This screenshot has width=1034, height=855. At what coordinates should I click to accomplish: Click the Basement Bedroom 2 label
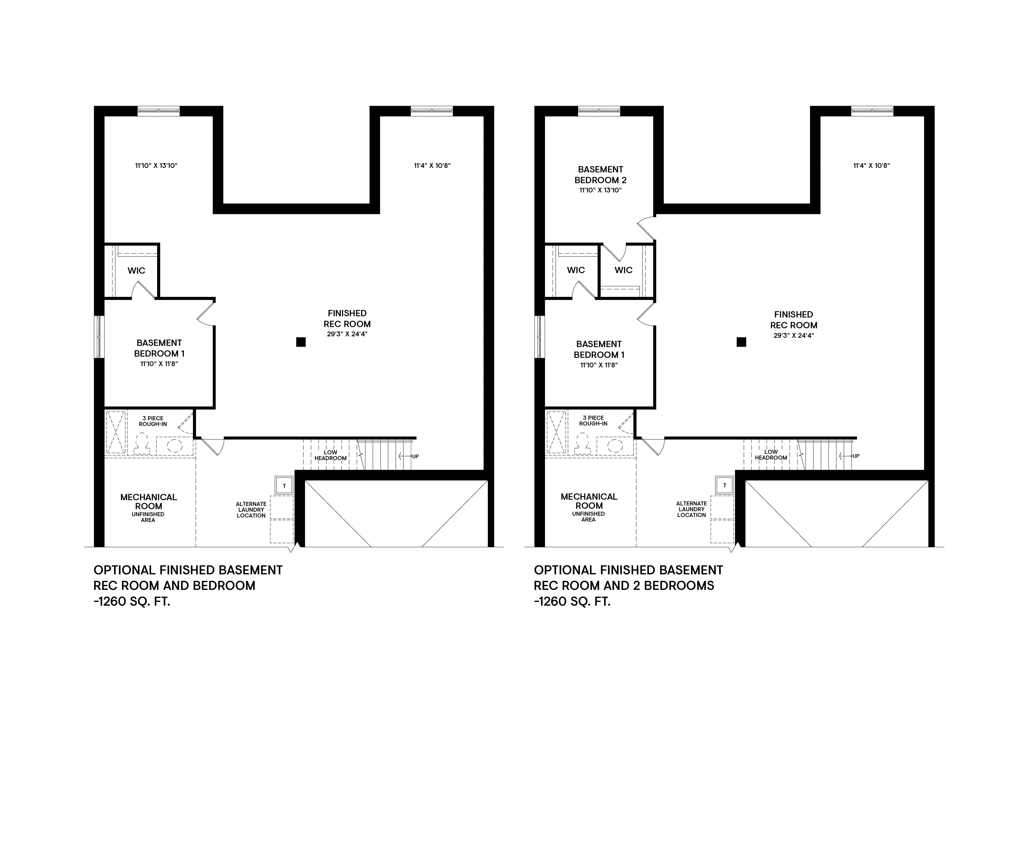click(x=600, y=175)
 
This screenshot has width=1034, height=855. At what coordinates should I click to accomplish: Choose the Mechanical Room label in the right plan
click(x=589, y=501)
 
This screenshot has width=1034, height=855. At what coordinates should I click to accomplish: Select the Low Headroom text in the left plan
click(x=330, y=455)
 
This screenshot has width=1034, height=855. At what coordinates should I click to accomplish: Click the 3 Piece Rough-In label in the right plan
click(x=593, y=420)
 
